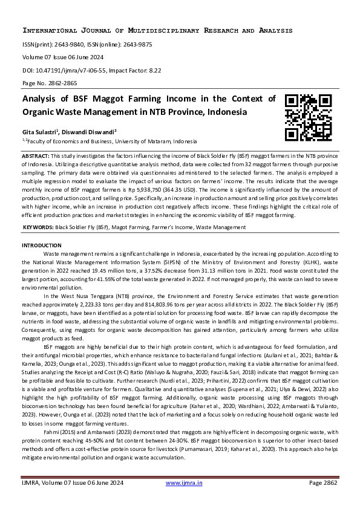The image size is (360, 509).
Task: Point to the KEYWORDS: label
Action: coord(38,227)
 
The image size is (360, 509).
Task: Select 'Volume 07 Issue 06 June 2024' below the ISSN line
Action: coord(63,57)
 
